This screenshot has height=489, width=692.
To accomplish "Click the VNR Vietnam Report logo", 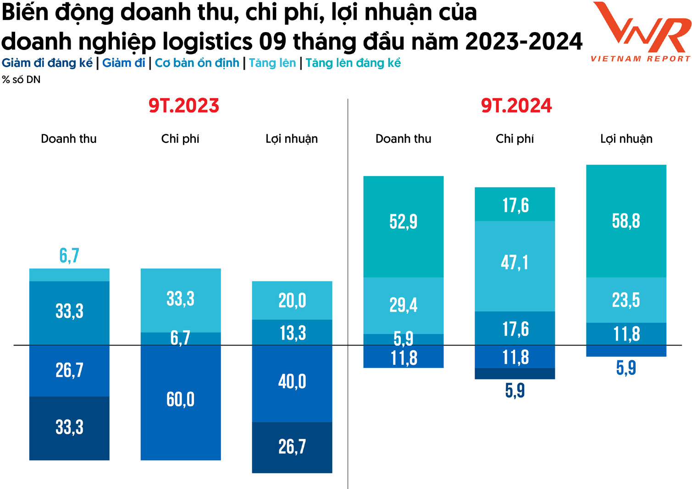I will pos(641,31).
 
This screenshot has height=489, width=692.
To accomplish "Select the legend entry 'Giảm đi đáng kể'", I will pos(47,63).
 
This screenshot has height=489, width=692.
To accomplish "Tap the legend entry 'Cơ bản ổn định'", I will pos(197,63).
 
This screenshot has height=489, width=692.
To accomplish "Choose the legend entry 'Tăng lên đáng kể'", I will pos(353,63).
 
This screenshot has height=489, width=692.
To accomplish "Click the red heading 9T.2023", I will pos(184,106).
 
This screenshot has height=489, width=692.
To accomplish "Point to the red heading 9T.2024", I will pos(516,106).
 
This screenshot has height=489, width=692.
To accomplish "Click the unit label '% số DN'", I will pos(21,80).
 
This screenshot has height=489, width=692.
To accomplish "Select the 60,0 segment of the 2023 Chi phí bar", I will pos(181,400).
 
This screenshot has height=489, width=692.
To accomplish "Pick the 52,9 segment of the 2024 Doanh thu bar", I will pos(404,222).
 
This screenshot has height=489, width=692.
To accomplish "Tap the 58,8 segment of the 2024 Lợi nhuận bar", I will pos(626,221).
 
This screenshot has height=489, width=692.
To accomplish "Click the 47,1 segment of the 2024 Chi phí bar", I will pos(515,263).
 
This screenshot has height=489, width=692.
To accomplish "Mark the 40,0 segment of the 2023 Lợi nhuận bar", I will pos(292,382).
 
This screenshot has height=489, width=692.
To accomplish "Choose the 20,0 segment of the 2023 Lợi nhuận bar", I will pos(292,301).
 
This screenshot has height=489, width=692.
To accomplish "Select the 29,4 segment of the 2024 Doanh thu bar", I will pos(404,305).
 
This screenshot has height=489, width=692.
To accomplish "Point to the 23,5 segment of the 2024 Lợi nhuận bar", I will pos(626,300).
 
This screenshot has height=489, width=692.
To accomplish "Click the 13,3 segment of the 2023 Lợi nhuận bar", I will pos(292,333).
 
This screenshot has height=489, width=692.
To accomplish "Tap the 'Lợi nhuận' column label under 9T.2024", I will pos(626,139).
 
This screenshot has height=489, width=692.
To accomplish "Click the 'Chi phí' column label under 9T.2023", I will pos(180,139).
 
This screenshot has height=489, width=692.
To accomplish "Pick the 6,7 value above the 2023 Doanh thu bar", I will pos(69,256).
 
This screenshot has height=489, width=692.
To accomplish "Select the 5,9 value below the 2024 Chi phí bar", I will pos(515,391).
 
